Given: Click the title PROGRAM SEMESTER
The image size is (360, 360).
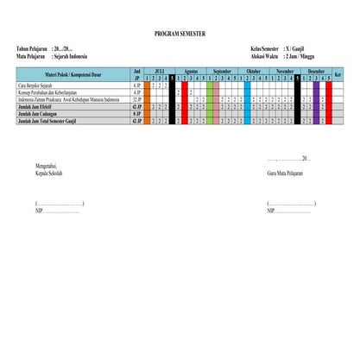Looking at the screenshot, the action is [180, 32].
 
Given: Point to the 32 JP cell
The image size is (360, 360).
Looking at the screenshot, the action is [136, 100].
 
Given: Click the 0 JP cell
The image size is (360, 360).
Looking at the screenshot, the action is [136, 114].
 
